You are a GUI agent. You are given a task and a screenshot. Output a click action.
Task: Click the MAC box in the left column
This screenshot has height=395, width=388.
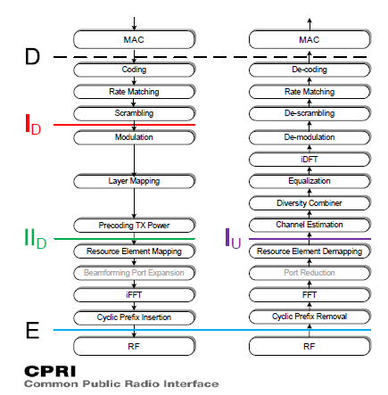coord(134,40)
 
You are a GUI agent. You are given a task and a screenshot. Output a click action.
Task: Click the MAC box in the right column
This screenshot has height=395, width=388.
coord(309,40)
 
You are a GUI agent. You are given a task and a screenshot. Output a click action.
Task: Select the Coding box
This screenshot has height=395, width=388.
coord(134,70)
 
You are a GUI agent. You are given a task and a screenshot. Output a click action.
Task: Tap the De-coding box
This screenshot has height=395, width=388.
coord(309,70)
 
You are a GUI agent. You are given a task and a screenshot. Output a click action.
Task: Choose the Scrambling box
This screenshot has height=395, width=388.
coord(134,113)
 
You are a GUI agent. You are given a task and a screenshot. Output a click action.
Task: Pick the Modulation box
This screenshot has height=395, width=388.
coord(134,137)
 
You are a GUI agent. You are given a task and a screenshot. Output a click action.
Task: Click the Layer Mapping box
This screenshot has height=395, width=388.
coord(134,181)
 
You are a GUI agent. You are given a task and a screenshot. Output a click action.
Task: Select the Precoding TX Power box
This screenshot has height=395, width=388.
coord(134,225)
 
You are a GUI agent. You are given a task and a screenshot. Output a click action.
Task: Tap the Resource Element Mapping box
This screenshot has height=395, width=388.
coord(134,251)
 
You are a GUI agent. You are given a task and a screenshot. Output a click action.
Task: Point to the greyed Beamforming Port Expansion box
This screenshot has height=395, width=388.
coord(134,273)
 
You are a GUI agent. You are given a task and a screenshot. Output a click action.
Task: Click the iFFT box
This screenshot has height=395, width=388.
coord(134,294)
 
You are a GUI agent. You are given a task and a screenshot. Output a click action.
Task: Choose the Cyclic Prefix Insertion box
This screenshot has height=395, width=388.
coord(134,317)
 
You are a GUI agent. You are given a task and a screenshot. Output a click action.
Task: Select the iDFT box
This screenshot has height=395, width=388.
coord(309,159)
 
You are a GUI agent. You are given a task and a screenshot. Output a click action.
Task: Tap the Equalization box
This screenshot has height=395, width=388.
coord(309,181)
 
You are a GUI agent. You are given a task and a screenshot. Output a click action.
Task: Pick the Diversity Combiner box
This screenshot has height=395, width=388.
coord(309,203)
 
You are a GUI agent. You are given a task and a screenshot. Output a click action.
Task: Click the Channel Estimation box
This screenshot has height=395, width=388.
coord(309,225)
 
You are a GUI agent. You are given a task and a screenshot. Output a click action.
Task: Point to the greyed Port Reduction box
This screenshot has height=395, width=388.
coord(309,273)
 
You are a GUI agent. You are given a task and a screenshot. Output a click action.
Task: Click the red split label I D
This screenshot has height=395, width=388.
coord(32,125)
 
